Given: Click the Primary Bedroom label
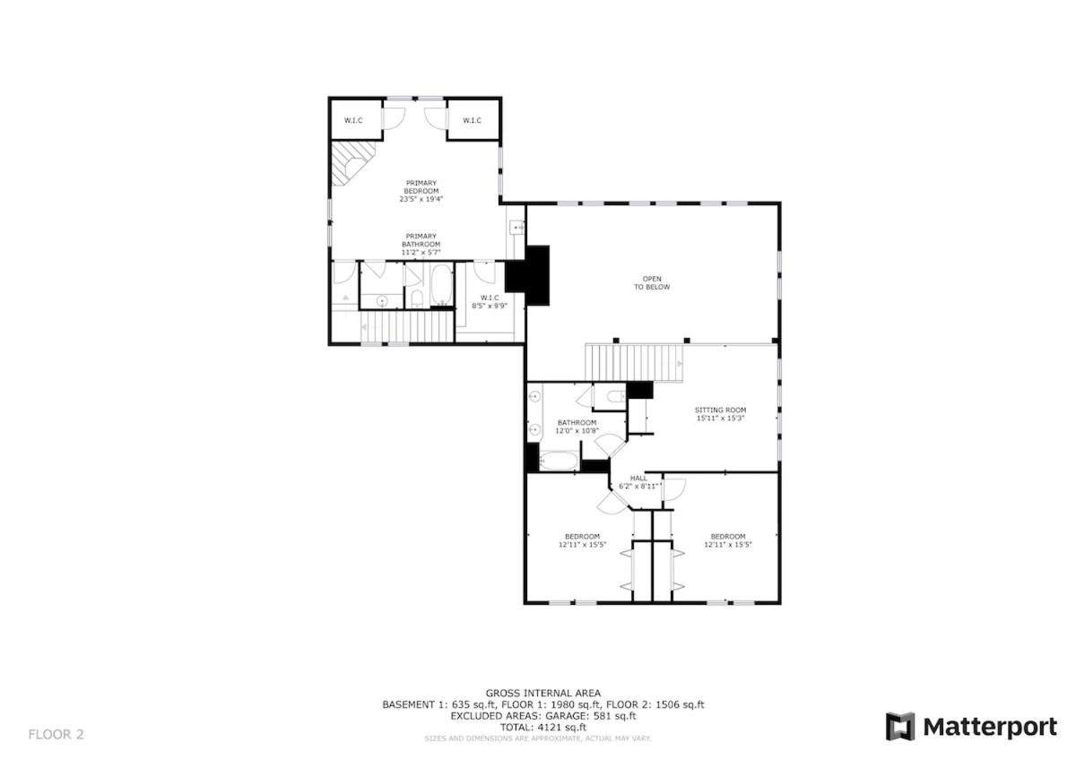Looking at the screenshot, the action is click(x=421, y=191).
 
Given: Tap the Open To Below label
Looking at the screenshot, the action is click(x=652, y=283).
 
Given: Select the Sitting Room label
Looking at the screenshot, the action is click(x=721, y=414).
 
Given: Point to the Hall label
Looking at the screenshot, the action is click(x=638, y=482).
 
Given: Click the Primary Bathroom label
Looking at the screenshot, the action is click(x=421, y=244).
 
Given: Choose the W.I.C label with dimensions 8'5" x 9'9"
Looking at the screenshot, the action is click(x=490, y=301).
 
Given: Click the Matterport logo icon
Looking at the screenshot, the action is click(x=900, y=727).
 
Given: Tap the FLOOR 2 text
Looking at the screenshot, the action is click(x=56, y=734).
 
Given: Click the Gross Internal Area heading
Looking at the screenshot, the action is click(x=542, y=693).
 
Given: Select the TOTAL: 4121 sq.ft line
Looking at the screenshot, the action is click(x=542, y=728).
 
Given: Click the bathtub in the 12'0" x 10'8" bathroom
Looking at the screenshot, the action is click(x=558, y=462).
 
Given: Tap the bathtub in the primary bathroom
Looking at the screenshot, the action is click(x=441, y=285).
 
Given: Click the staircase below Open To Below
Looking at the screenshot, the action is click(x=634, y=362).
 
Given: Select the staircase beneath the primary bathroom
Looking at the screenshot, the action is click(x=407, y=326).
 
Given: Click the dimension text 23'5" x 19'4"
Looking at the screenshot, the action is click(x=421, y=199).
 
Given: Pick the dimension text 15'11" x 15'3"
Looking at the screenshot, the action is click(x=721, y=419).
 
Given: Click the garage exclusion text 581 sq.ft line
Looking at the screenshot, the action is click(x=542, y=716).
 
